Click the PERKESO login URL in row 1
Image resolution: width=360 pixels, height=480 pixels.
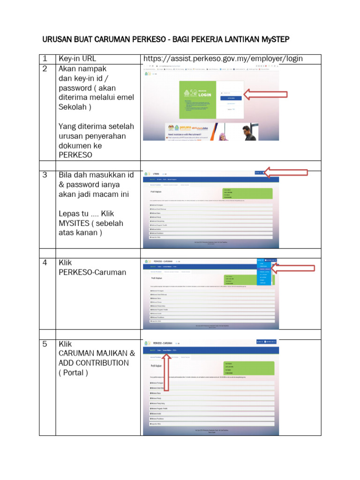[223, 59]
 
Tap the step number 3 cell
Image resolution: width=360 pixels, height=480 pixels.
[45, 175]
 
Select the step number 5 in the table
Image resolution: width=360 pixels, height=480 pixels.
[45, 344]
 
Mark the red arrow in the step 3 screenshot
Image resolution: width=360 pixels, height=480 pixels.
[286, 172]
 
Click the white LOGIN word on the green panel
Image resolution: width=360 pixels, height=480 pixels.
[205, 95]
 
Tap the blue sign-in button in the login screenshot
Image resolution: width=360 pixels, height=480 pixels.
[231, 98]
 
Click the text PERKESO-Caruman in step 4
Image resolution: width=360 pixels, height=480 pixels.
[92, 272]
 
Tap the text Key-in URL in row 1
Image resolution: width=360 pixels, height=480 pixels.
[77, 59]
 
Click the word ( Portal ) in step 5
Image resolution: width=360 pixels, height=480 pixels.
[73, 373]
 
